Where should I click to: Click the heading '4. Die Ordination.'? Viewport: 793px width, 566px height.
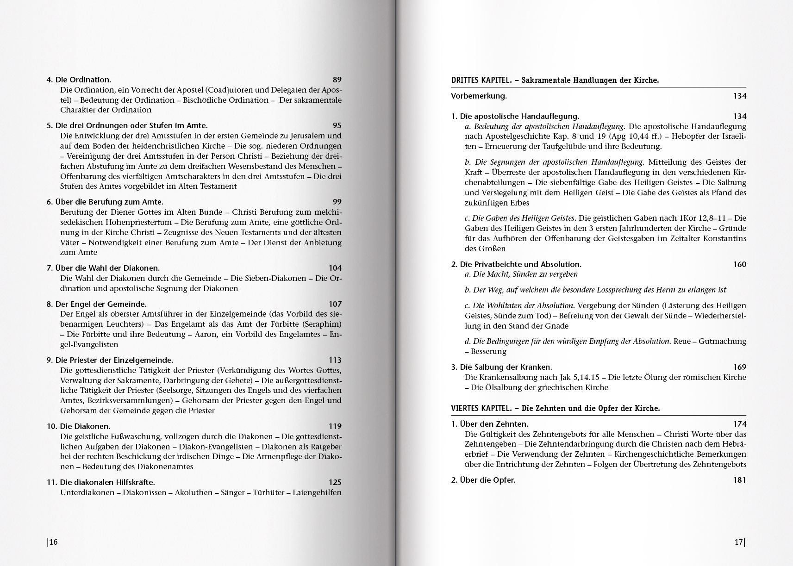[79, 80]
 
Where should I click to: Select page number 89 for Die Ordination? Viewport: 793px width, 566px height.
[337, 80]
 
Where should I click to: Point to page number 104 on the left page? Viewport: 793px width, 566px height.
[335, 268]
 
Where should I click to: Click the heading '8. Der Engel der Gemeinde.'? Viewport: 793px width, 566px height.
[96, 304]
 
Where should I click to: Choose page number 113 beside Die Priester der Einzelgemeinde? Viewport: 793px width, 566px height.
[335, 360]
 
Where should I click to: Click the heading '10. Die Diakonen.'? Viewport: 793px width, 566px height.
[78, 426]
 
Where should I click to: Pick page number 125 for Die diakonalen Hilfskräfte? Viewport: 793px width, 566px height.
[335, 482]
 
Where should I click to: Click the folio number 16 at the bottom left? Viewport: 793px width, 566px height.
[53, 542]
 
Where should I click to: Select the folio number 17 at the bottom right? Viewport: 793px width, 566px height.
[739, 542]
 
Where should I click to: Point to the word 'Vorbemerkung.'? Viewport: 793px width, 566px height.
[479, 96]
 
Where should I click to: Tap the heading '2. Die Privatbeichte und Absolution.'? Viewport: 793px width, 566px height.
[516, 264]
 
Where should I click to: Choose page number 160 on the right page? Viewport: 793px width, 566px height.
[739, 264]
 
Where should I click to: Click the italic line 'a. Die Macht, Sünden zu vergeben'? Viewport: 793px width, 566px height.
[521, 274]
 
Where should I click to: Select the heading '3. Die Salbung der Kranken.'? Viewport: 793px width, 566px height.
[501, 367]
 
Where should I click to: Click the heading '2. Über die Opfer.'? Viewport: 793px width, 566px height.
[483, 480]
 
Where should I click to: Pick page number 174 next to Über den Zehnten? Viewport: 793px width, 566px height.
[739, 424]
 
